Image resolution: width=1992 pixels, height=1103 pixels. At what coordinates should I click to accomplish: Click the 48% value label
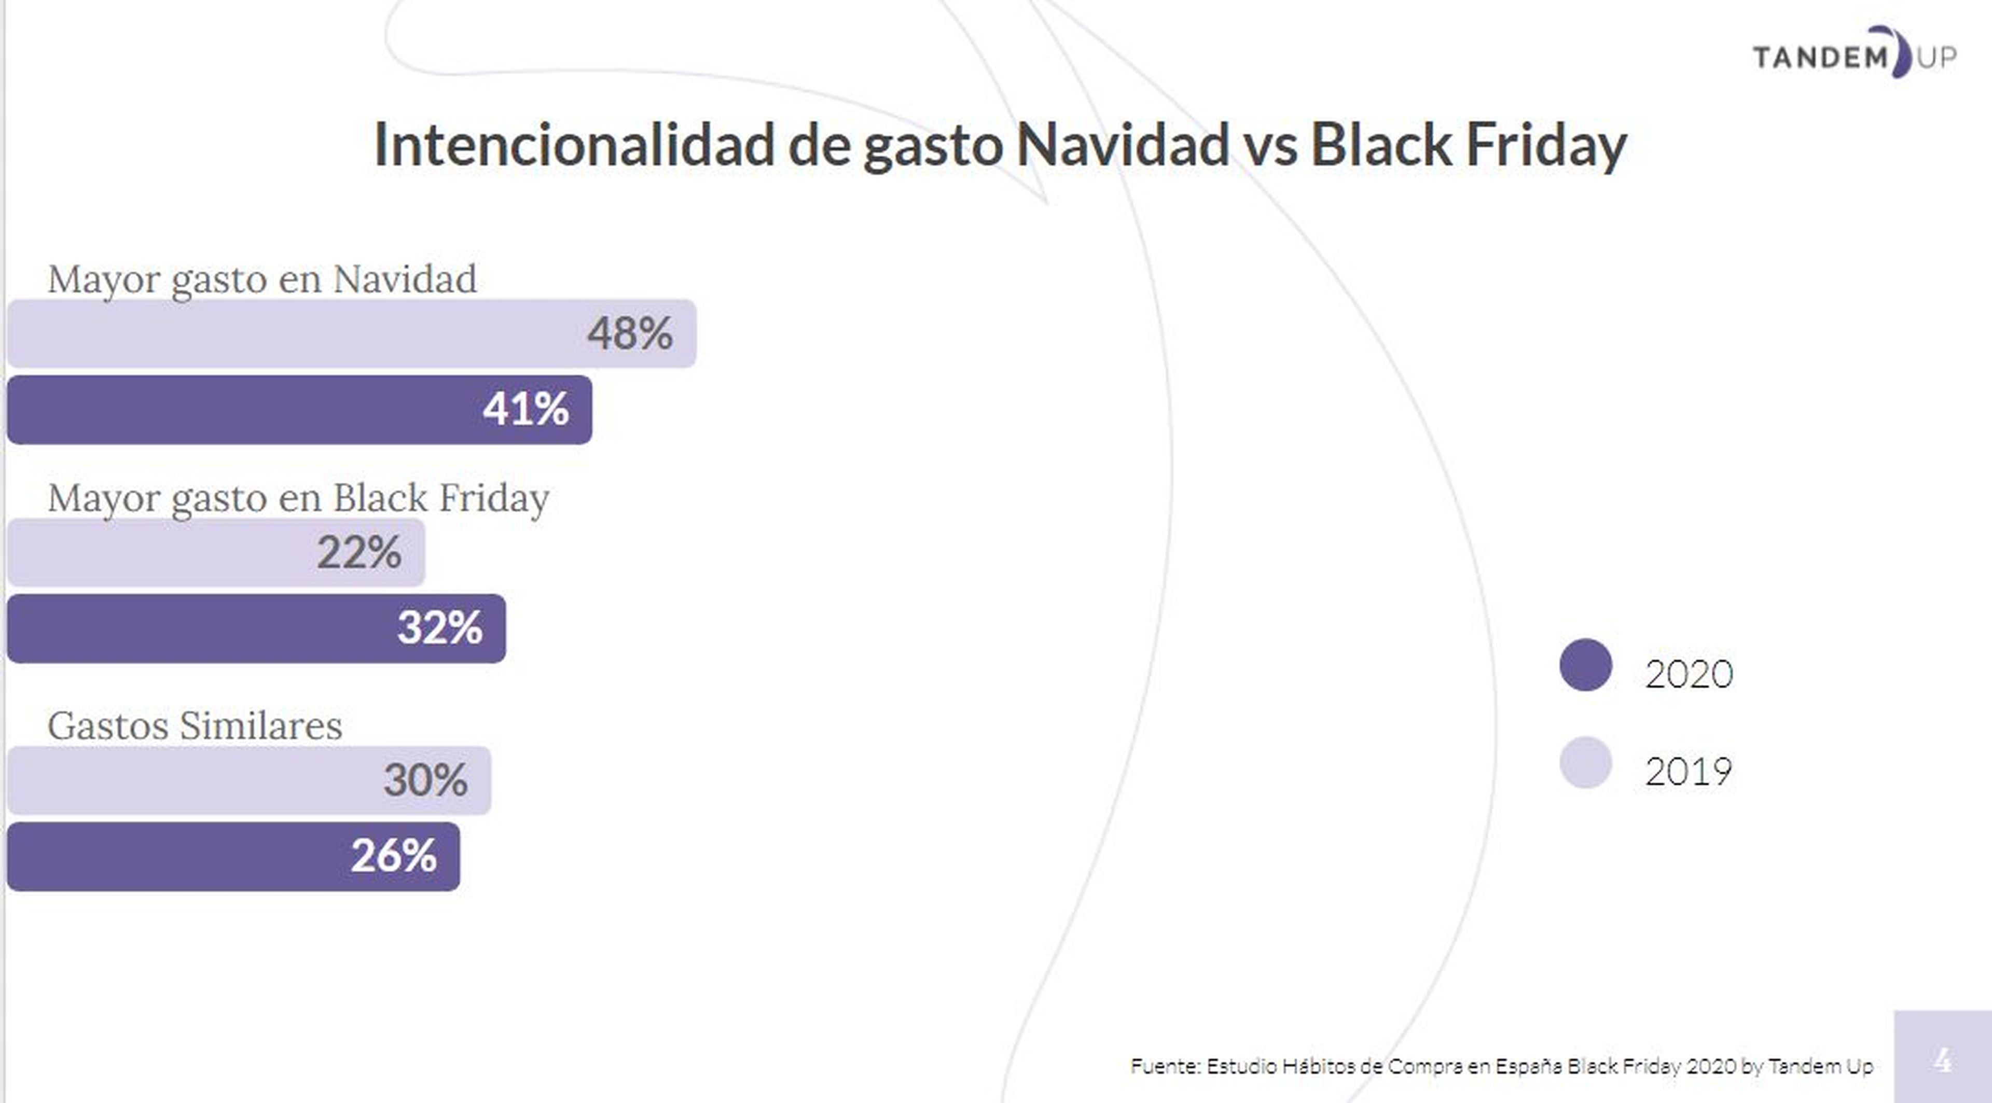pyautogui.click(x=629, y=334)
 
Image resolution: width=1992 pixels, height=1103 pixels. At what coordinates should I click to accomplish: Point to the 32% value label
pyautogui.click(x=440, y=627)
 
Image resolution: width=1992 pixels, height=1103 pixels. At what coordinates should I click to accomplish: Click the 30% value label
pyautogui.click(x=425, y=780)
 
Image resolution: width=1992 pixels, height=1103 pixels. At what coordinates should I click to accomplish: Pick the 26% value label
pyautogui.click(x=394, y=856)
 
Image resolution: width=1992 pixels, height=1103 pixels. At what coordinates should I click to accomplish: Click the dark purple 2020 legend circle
pyautogui.click(x=1585, y=665)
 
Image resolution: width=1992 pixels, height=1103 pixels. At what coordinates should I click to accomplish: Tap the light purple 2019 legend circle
pyautogui.click(x=1585, y=763)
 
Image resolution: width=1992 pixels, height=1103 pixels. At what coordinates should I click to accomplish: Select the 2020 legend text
pyautogui.click(x=1689, y=674)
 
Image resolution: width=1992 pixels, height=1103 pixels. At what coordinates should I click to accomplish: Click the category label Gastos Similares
pyautogui.click(x=195, y=726)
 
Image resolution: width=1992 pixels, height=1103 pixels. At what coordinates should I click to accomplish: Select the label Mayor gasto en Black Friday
pyautogui.click(x=298, y=498)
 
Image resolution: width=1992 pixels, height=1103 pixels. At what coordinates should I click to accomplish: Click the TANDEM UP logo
pyautogui.click(x=1855, y=54)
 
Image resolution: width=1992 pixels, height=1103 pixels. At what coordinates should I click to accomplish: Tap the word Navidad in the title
pyautogui.click(x=1123, y=145)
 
